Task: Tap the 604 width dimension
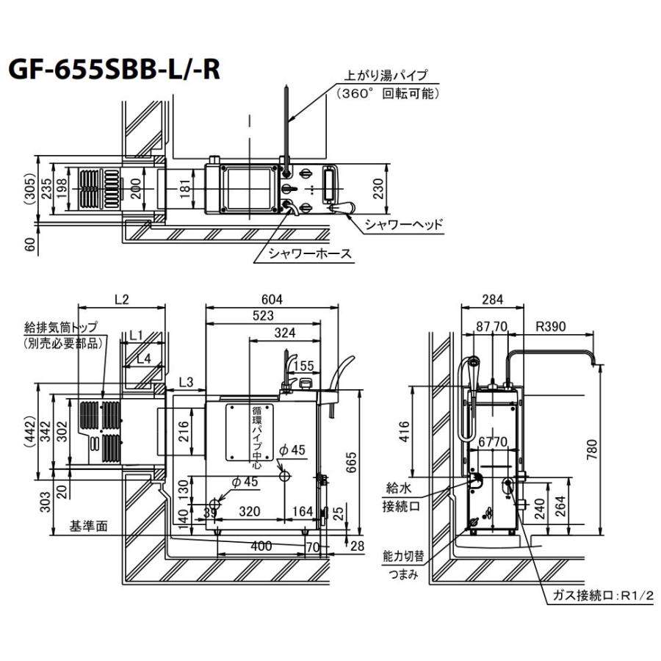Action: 272,300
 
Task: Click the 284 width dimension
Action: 493,300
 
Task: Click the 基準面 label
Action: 87,527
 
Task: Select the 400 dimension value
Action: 261,546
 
